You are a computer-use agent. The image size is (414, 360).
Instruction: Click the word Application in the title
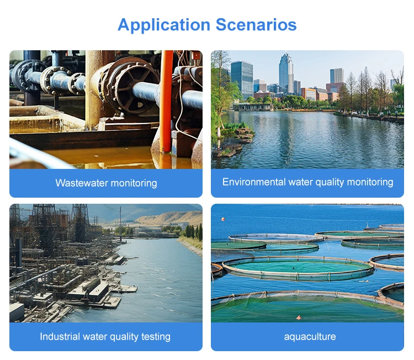[164, 25]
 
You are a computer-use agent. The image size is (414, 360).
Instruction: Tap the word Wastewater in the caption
[82, 183]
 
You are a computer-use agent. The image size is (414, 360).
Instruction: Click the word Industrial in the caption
[60, 336]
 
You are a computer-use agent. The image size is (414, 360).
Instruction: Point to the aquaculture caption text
[310, 336]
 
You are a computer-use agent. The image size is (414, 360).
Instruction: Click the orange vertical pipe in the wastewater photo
[166, 99]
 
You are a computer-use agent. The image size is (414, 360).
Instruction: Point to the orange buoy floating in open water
[224, 219]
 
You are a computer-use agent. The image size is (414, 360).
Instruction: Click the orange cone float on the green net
[299, 317]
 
